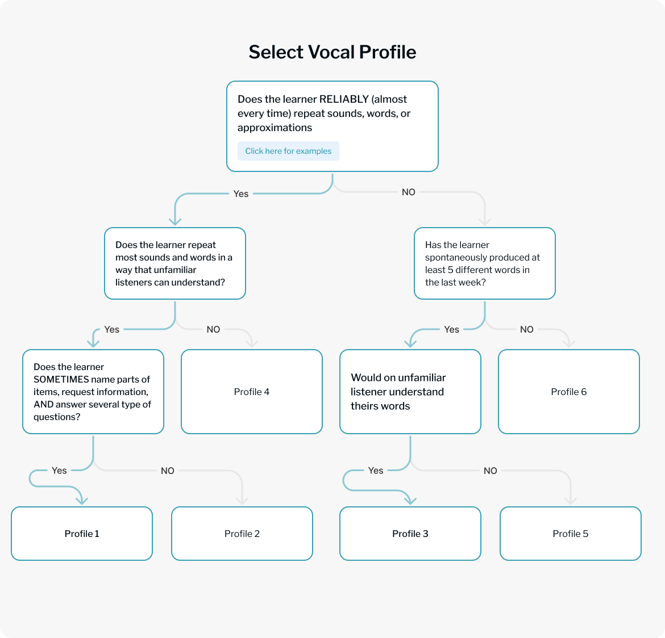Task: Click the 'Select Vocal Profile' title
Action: [x=332, y=52]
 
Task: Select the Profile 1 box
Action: [x=82, y=534]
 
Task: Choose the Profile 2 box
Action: [x=242, y=534]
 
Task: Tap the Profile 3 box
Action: [x=410, y=534]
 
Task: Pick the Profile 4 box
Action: [x=252, y=392]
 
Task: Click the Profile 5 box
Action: [x=571, y=534]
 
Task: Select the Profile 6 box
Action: [x=569, y=392]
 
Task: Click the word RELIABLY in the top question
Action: [x=344, y=99]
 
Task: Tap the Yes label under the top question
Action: [x=241, y=194]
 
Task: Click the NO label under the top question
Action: [x=409, y=192]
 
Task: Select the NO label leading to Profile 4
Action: [x=213, y=330]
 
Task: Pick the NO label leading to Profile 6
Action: [x=527, y=330]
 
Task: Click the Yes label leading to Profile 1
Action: [x=59, y=471]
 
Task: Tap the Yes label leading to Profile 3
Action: [x=376, y=471]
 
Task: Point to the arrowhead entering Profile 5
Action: [x=571, y=501]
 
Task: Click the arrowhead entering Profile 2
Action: [x=242, y=501]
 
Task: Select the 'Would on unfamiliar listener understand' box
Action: [x=410, y=392]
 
